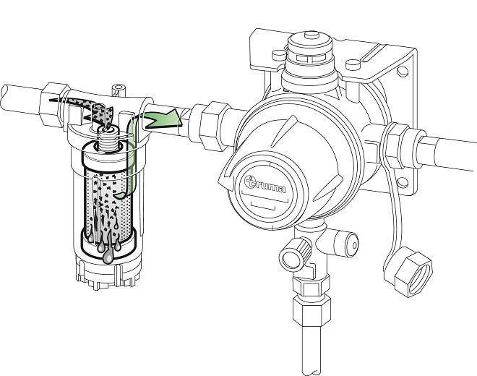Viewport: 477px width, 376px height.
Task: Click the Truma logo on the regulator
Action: [267, 187]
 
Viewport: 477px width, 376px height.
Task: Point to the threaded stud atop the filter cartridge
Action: [109, 134]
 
